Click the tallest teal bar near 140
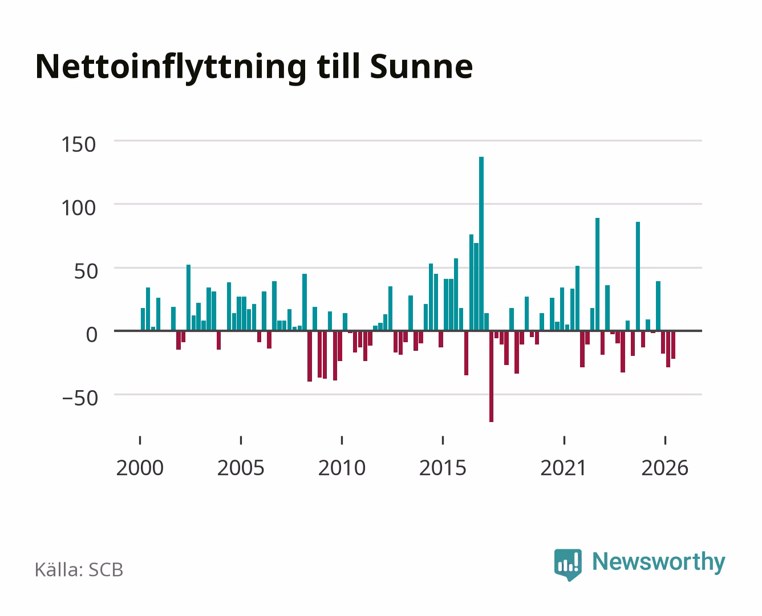[481, 244]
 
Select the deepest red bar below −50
[491, 376]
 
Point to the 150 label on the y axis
[79, 145]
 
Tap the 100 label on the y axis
[79, 208]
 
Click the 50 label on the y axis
[86, 271]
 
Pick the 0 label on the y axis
[92, 335]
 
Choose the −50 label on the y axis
[80, 399]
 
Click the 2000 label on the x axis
[140, 468]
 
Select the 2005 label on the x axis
[241, 468]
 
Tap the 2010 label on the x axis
[342, 468]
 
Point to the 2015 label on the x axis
[443, 468]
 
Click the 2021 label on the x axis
[564, 468]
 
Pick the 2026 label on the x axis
[665, 468]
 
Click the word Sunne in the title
[421, 67]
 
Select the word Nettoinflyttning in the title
[171, 69]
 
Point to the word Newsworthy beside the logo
[659, 562]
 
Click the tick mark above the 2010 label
[342, 440]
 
